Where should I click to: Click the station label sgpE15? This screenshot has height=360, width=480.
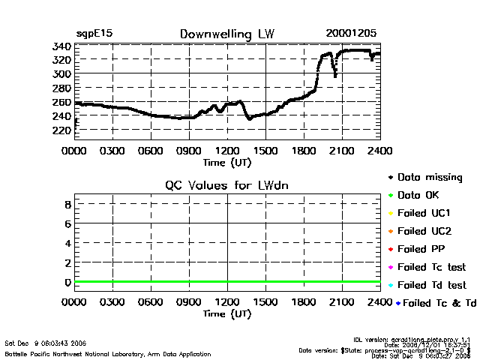tap(94, 34)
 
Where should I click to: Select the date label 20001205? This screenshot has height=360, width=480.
tap(351, 34)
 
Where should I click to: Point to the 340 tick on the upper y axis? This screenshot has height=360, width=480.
tap(62, 46)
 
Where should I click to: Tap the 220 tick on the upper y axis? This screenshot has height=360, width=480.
tap(62, 130)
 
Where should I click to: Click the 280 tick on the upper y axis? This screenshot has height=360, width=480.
tap(62, 88)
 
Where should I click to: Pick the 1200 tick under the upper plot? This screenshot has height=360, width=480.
tap(227, 150)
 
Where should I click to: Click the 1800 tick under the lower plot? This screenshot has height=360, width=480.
tap(304, 302)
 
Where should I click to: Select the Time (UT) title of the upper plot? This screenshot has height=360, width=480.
tap(227, 161)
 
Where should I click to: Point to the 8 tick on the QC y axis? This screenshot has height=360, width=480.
tap(67, 204)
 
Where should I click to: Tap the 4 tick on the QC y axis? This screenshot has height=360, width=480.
tap(67, 243)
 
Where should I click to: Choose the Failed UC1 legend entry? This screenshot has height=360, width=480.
tap(424, 213)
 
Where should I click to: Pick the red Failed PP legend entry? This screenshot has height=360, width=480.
tap(421, 249)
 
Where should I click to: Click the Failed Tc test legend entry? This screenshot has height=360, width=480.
tap(431, 267)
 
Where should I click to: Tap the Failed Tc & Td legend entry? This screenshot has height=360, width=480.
tap(435, 303)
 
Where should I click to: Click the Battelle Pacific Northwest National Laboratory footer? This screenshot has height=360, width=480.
tap(107, 353)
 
